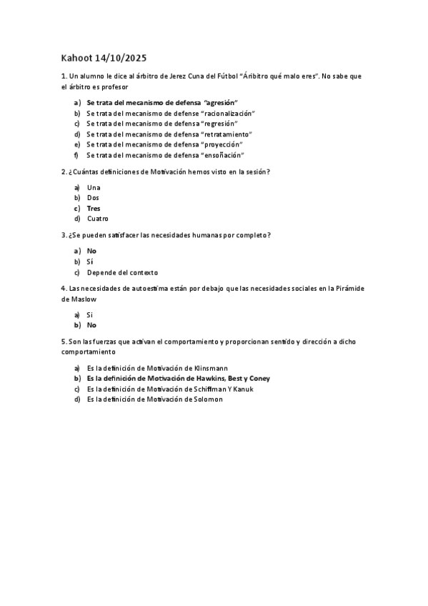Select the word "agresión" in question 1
221,102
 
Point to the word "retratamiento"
228,134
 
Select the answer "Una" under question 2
94,187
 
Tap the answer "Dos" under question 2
93,197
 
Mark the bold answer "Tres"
94,208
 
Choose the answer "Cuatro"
98,219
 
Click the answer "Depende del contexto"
122,272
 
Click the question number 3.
64,235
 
